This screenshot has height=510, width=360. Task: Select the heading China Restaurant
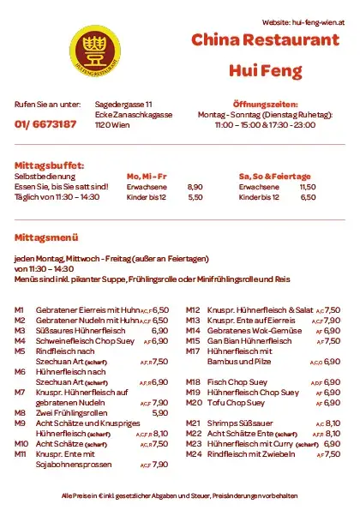pyautogui.click(x=266, y=41)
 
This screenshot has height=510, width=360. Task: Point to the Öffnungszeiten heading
pyautogui.click(x=265, y=104)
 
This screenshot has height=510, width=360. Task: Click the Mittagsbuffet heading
pyautogui.click(x=50, y=165)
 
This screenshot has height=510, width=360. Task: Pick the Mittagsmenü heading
pyautogui.click(x=45, y=237)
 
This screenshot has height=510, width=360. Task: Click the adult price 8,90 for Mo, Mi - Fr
pyautogui.click(x=195, y=187)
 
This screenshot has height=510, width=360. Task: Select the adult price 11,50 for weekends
pyautogui.click(x=307, y=187)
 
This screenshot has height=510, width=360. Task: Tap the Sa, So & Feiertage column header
pyautogui.click(x=274, y=176)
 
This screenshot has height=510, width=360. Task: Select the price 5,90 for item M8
pyautogui.click(x=159, y=412)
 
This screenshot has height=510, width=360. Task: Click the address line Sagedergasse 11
pyautogui.click(x=123, y=104)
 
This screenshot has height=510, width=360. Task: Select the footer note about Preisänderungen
pyautogui.click(x=180, y=495)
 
